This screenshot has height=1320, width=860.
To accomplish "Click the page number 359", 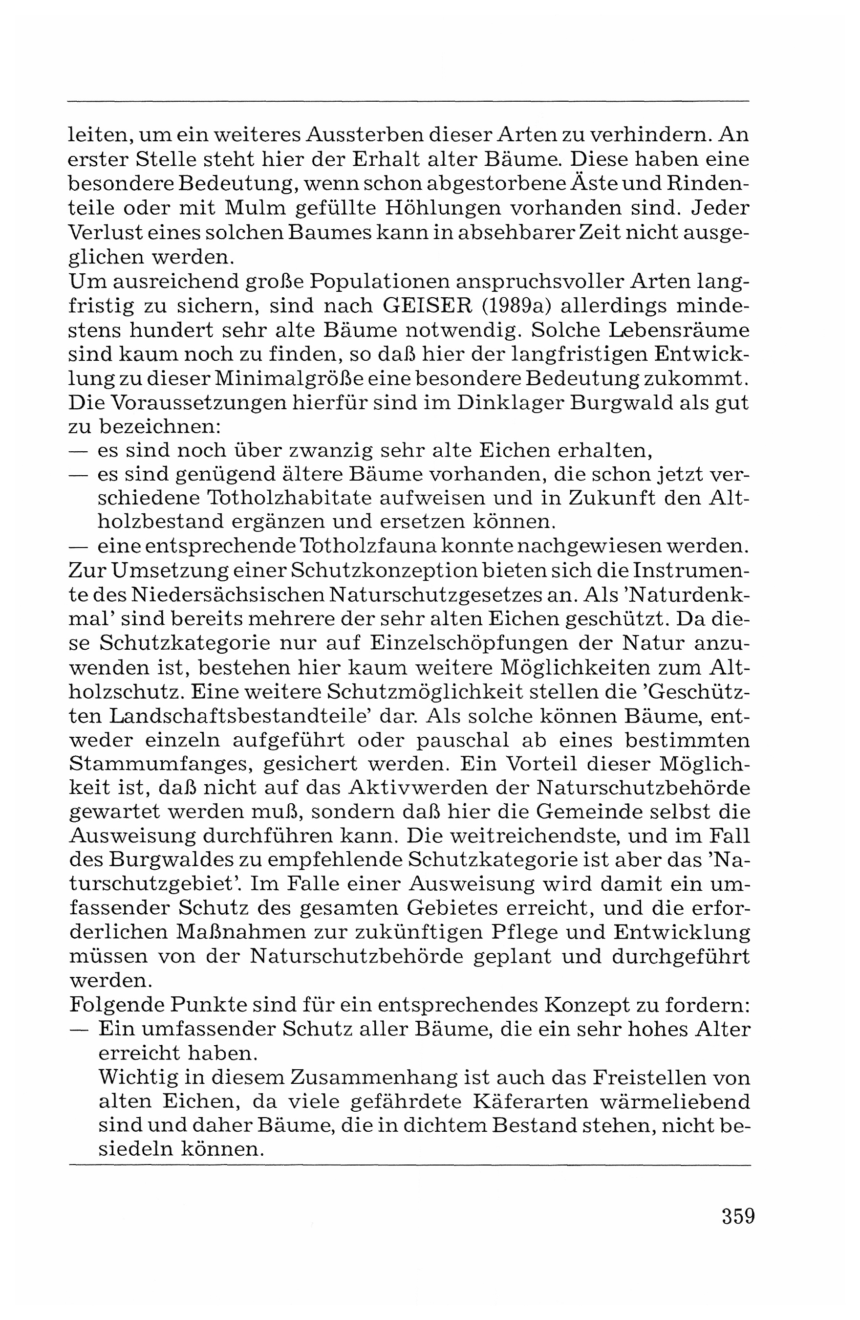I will tap(738, 1216).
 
